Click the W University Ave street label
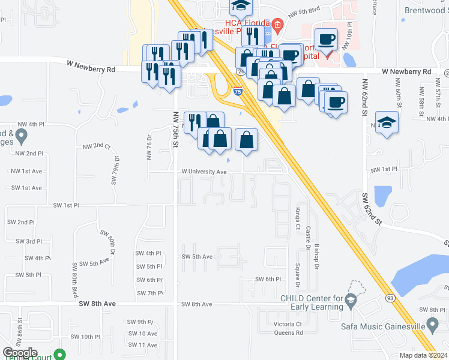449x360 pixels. (204, 172)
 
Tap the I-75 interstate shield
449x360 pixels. (238, 92)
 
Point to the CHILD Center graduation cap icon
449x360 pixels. (352, 299)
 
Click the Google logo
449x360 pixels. (20, 353)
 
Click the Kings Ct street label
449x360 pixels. (297, 219)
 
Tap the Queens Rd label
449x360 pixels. (288, 333)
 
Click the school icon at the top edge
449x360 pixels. (241, 6)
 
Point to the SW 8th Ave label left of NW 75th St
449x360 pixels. (97, 304)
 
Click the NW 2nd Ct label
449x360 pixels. (97, 146)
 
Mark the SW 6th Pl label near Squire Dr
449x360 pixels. (268, 280)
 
